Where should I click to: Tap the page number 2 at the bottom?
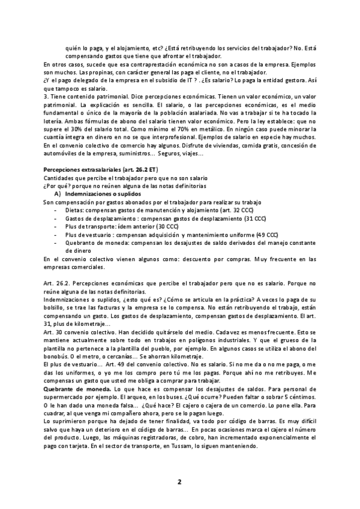click(179, 481)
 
